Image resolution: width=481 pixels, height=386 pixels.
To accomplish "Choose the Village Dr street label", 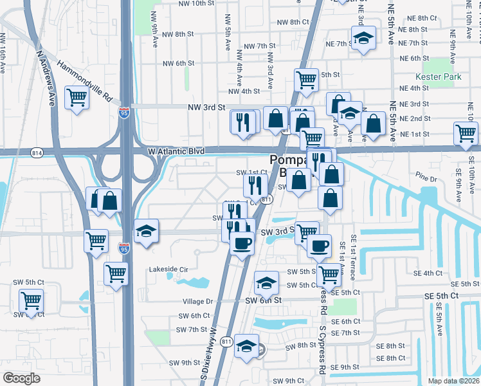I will pyautogui.click(x=197, y=301).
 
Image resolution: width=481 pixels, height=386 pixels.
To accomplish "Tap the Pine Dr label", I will pyautogui.click(x=425, y=175).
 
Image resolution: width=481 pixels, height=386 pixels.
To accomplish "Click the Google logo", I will pyautogui.click(x=22, y=378).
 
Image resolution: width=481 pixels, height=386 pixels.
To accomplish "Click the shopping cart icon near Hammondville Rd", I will pyautogui.click(x=77, y=98).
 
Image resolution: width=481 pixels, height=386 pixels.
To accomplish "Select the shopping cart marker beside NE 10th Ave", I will pyautogui.click(x=466, y=134).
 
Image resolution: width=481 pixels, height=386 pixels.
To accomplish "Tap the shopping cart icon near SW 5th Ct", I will pyautogui.click(x=30, y=300).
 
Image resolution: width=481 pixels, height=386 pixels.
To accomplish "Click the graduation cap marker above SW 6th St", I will pyautogui.click(x=266, y=282).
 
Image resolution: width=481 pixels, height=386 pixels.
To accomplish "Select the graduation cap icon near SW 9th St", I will pyautogui.click(x=246, y=345).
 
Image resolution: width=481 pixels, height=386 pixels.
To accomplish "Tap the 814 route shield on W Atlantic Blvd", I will pyautogui.click(x=37, y=152).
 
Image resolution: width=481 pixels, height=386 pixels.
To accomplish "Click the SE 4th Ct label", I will pyautogui.click(x=427, y=273).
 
